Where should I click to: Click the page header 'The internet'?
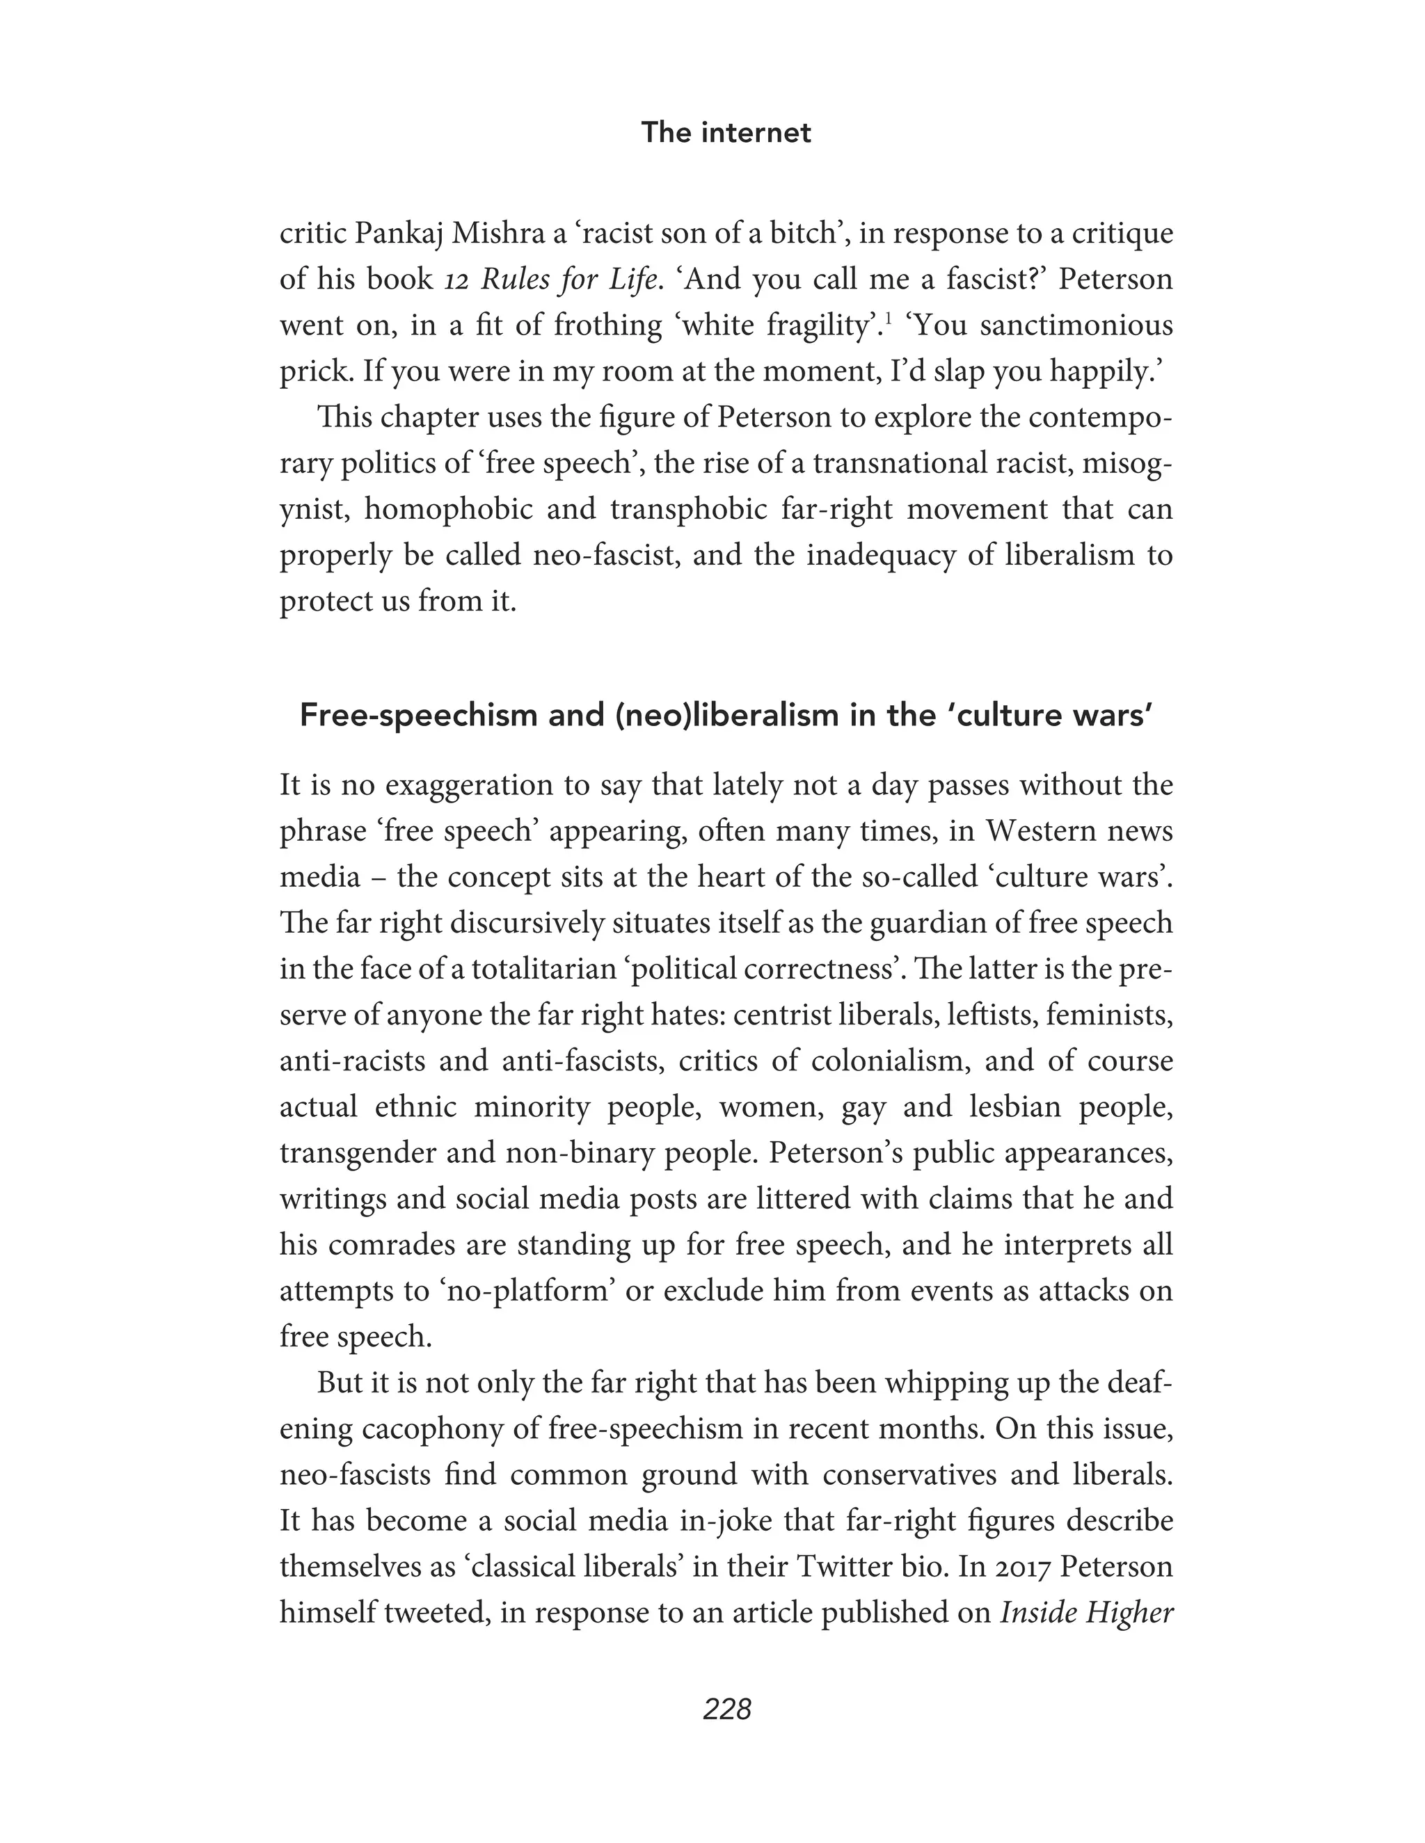pyautogui.click(x=725, y=132)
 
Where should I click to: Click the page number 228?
pyautogui.click(x=726, y=1709)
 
